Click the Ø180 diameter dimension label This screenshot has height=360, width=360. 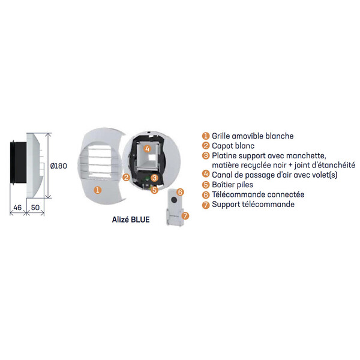(x=59, y=166)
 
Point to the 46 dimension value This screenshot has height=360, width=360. (x=17, y=208)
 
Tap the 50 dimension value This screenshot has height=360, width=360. (x=35, y=208)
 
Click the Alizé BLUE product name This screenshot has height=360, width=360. (x=131, y=220)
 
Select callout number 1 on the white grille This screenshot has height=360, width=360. (x=98, y=190)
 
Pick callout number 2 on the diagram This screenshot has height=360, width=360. (x=126, y=177)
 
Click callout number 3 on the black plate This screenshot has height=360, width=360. (x=155, y=178)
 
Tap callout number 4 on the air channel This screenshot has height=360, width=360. (x=147, y=149)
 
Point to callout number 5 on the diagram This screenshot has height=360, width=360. (x=155, y=190)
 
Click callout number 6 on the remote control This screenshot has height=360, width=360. (x=181, y=192)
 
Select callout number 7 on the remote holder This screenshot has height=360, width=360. (x=185, y=216)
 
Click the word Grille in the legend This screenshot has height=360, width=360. (x=221, y=136)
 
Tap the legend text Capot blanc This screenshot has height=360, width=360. (x=233, y=146)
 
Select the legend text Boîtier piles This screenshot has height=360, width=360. (x=232, y=185)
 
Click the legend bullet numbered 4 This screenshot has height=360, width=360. (x=206, y=174)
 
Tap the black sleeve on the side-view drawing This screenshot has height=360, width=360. (x=18, y=163)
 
